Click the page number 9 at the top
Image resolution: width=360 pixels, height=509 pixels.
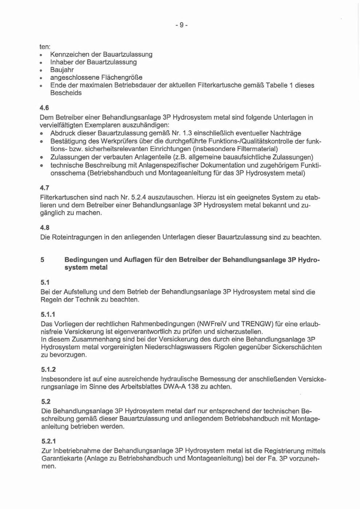click(x=181, y=25)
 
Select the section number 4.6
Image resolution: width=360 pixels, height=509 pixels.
click(x=44, y=108)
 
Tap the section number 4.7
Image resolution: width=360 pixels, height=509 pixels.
click(x=44, y=188)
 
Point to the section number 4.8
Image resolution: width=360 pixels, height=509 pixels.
click(x=45, y=228)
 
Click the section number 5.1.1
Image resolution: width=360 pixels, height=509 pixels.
click(x=48, y=314)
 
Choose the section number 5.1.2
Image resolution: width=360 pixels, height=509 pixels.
click(x=48, y=370)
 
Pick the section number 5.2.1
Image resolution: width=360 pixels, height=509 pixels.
click(x=48, y=441)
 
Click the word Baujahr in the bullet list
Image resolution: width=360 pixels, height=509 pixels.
click(x=62, y=70)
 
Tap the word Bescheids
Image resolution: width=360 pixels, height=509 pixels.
click(x=66, y=93)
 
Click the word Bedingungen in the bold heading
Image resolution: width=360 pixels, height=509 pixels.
click(x=86, y=260)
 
